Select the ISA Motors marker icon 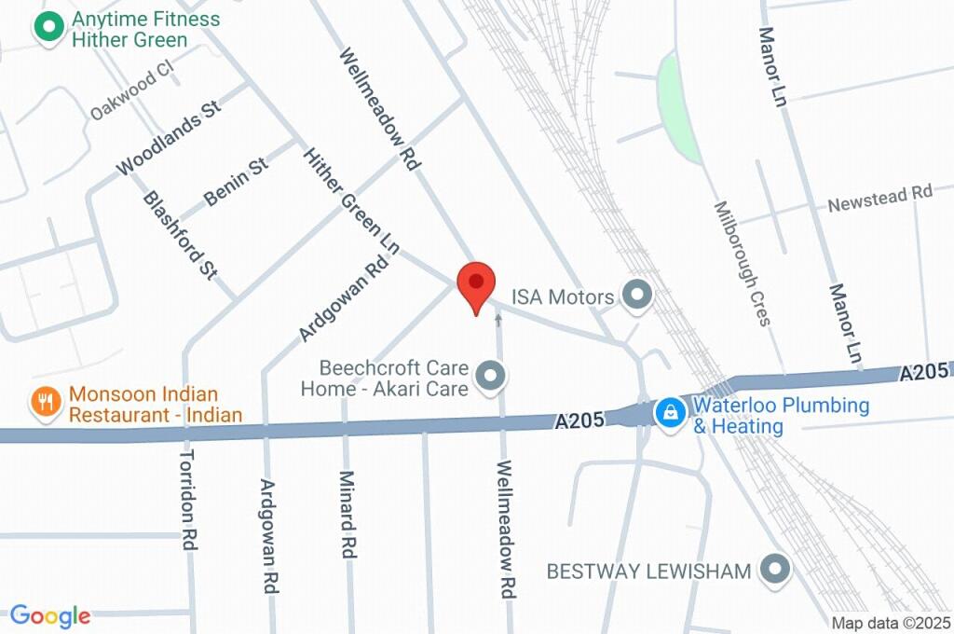[638, 296]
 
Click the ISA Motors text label [563, 296]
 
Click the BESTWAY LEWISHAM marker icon [774, 569]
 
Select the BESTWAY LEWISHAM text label [648, 570]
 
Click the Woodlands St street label [168, 138]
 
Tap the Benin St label [236, 181]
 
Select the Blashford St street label [179, 235]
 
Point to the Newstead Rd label [879, 198]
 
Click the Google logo [50, 615]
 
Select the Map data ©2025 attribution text [890, 623]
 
